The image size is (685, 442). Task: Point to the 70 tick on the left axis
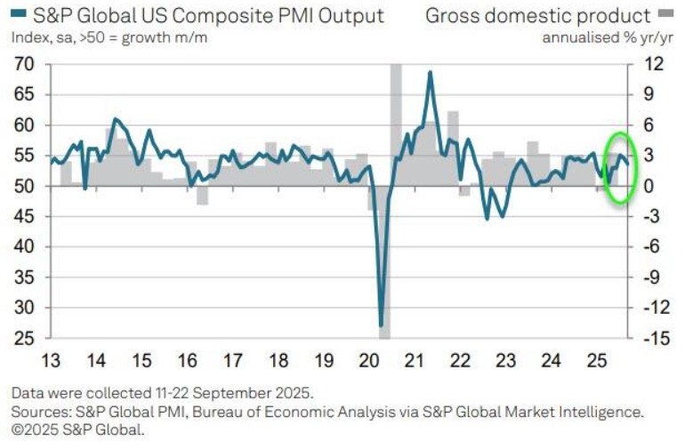click(24, 65)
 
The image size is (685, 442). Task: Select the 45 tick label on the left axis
click(24, 217)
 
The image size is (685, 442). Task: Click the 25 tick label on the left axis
click(24, 338)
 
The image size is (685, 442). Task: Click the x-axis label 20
click(369, 361)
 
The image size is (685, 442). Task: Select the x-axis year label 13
click(51, 361)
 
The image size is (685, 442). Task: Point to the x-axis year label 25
click(597, 361)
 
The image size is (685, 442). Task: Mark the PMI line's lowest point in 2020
click(381, 325)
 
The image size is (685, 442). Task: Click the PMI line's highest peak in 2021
click(431, 72)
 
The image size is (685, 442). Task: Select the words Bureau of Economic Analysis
click(304, 412)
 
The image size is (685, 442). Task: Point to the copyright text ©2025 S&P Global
click(77, 430)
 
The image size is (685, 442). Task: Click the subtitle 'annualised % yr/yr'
click(608, 38)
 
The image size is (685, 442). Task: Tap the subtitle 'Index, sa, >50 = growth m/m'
click(109, 38)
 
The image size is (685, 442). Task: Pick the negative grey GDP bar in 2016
click(202, 196)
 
